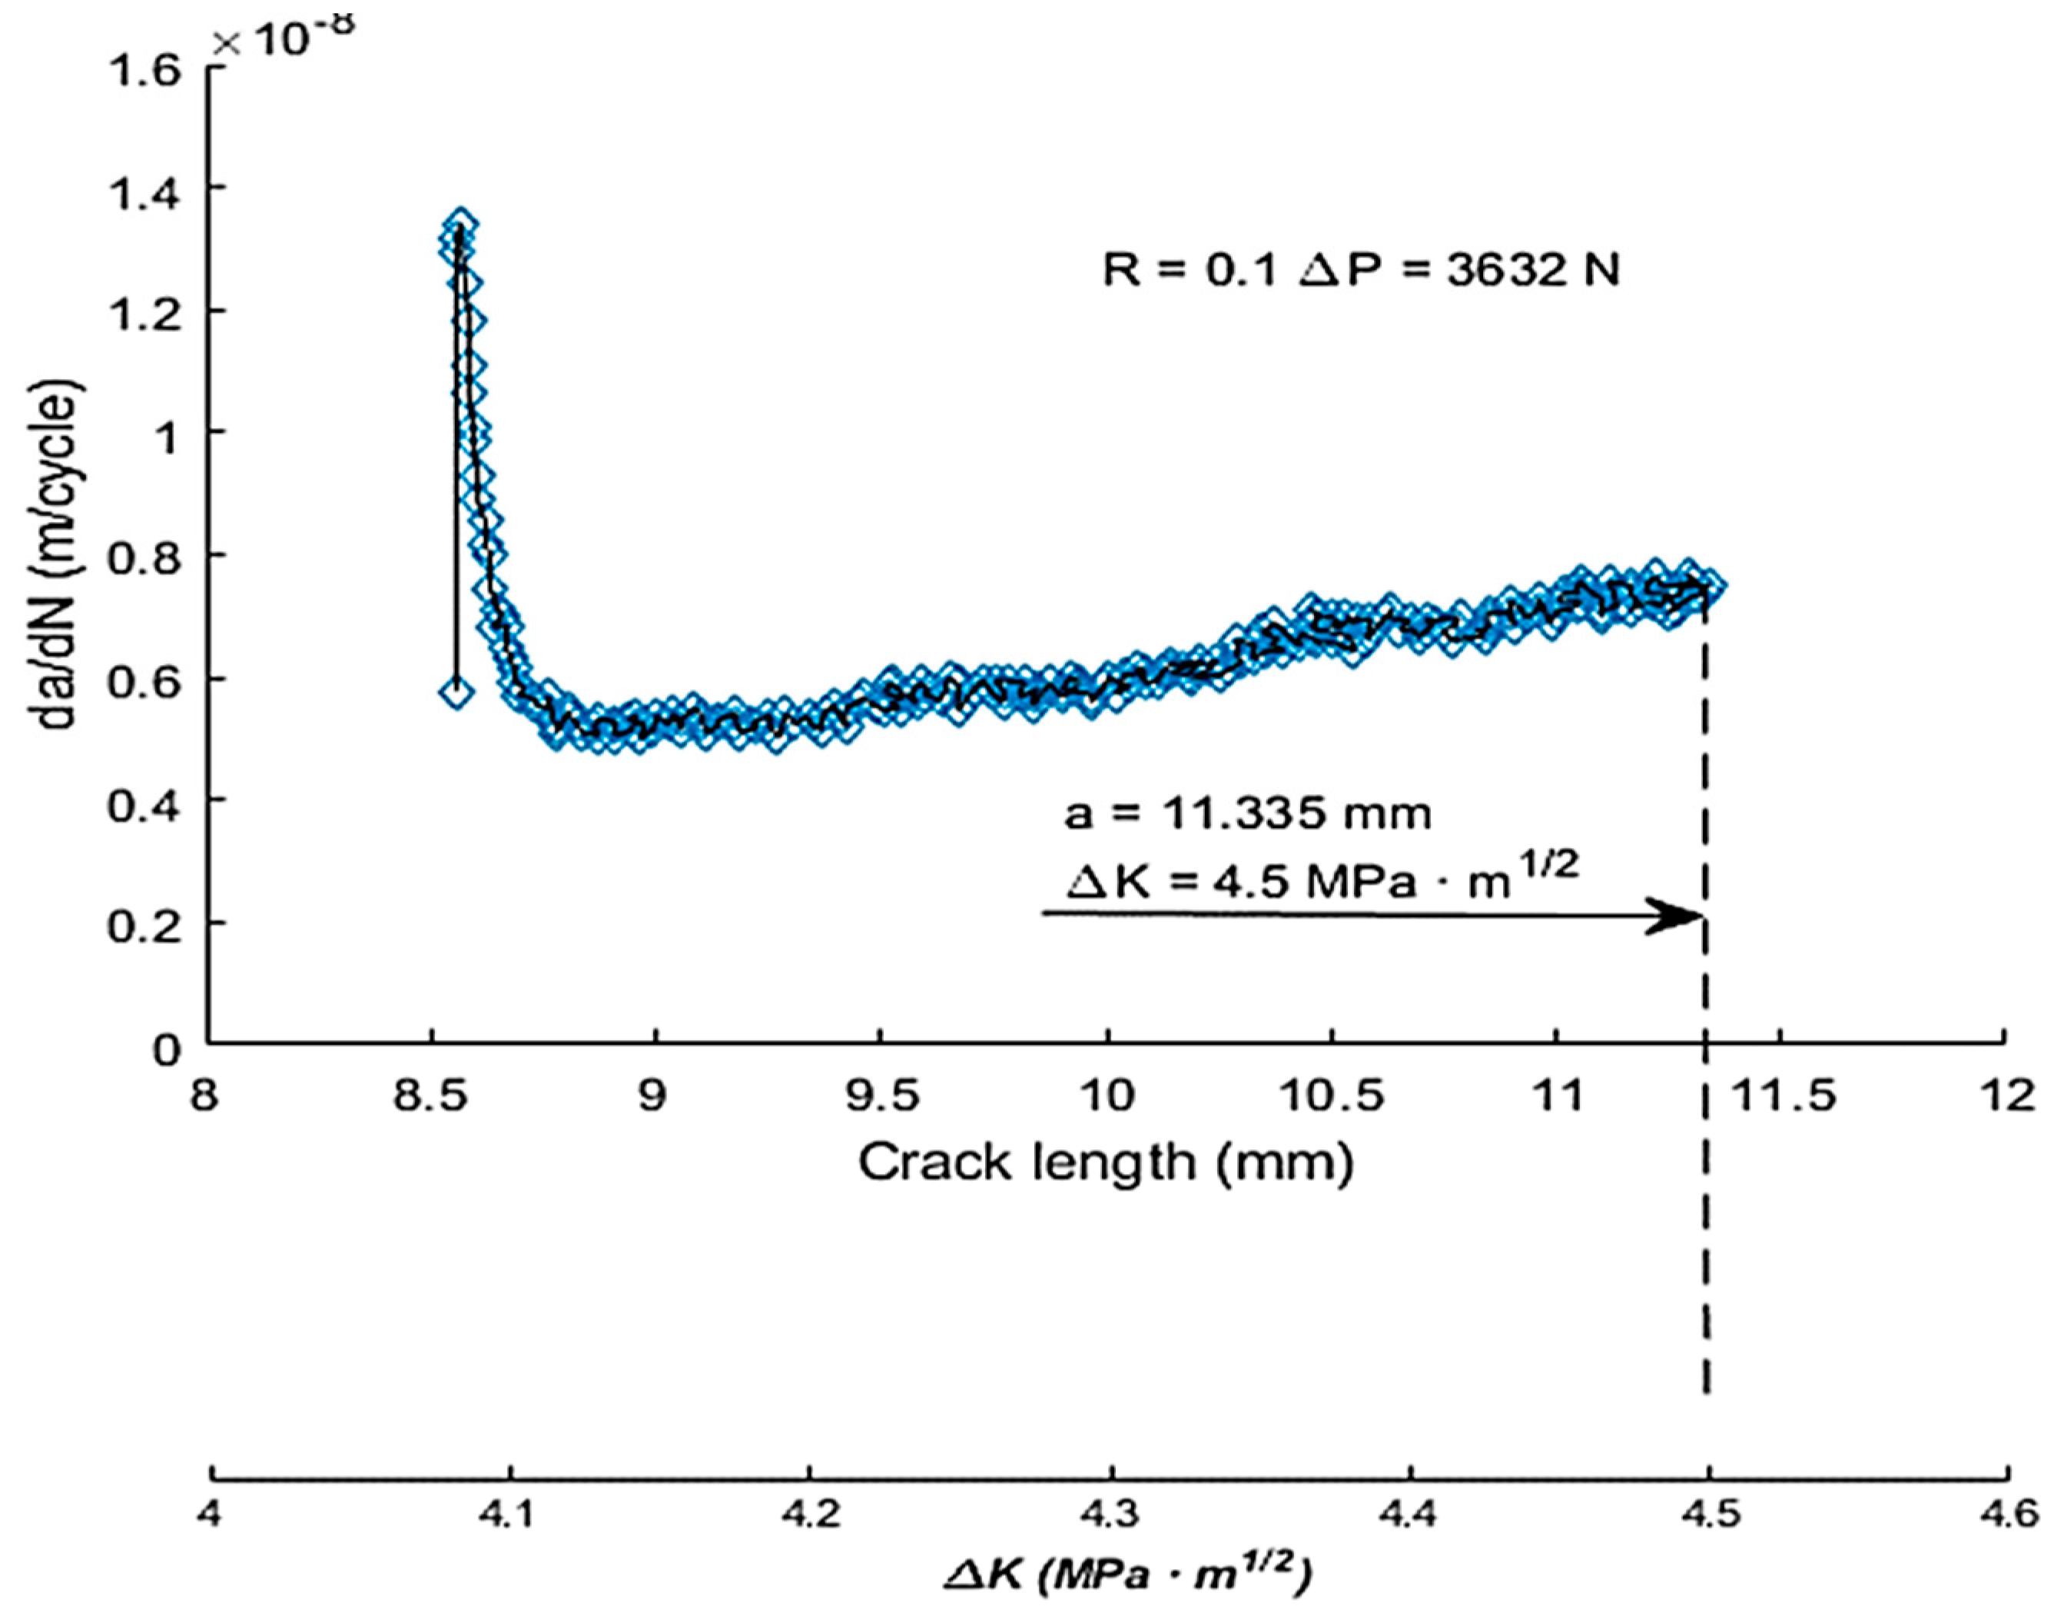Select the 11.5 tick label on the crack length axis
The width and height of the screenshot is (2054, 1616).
[1780, 1096]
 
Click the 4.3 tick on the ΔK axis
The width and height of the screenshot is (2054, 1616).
[1110, 1515]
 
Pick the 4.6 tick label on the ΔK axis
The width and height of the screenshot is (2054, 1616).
[2009, 1515]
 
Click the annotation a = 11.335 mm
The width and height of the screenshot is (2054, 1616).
[1247, 813]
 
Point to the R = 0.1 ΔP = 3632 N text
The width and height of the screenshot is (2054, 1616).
[1361, 271]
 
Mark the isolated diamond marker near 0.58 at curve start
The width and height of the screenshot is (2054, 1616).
[456, 693]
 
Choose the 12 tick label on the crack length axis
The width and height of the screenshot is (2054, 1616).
[2009, 1096]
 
